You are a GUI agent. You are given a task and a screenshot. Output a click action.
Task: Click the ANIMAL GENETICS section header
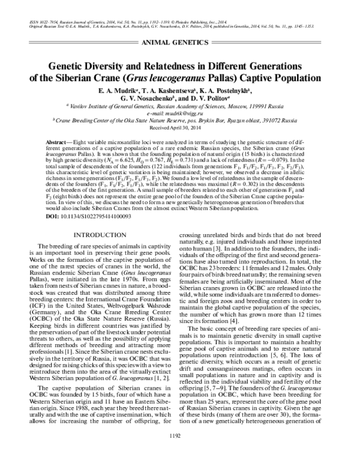[180, 44]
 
